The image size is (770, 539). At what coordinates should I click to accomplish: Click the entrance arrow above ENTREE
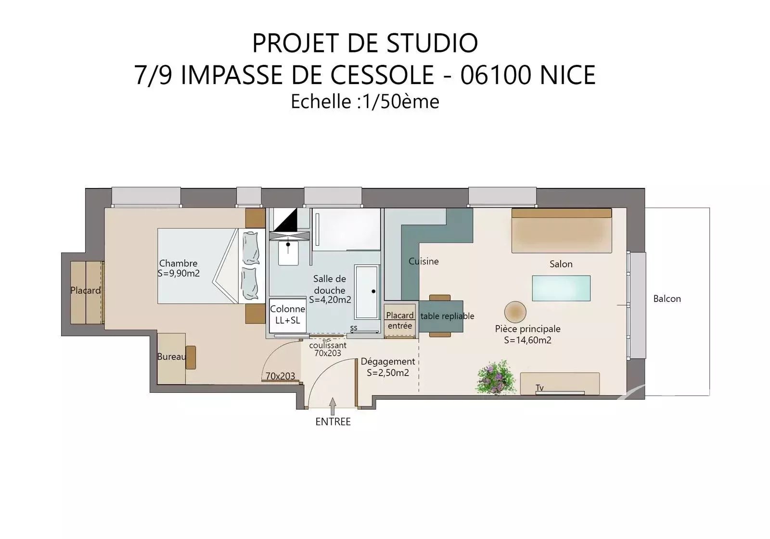(333, 406)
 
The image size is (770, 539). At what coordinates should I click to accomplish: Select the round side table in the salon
(515, 312)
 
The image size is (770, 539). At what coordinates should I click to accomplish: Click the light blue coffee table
(561, 288)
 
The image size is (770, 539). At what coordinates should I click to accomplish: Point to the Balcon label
(667, 299)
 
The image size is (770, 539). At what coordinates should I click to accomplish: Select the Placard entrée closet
(400, 320)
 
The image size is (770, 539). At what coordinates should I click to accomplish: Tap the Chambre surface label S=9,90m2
(179, 274)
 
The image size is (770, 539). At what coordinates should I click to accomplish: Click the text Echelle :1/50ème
(365, 101)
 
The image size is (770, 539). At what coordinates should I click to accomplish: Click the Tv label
(539, 388)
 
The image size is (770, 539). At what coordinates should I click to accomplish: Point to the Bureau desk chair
(191, 357)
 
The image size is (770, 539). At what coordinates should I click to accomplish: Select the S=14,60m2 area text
(527, 340)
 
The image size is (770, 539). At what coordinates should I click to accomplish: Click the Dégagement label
(388, 362)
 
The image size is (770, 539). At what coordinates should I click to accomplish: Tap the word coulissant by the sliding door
(328, 345)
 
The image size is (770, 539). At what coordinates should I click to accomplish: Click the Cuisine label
(423, 262)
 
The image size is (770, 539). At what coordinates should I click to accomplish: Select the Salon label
(561, 264)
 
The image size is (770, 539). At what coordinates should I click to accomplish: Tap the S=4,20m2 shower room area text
(330, 300)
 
